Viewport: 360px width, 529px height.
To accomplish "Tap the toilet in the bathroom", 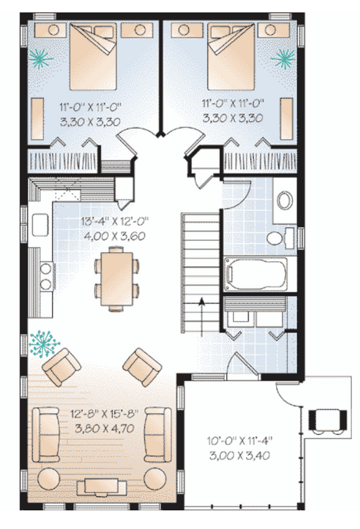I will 276,239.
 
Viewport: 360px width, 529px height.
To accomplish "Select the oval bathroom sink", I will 283,201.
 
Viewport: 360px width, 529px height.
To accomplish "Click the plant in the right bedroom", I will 283,58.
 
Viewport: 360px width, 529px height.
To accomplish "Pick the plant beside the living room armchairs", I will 44,343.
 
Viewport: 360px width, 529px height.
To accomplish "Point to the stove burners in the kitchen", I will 45,276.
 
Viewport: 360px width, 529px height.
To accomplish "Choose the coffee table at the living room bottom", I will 103,486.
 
